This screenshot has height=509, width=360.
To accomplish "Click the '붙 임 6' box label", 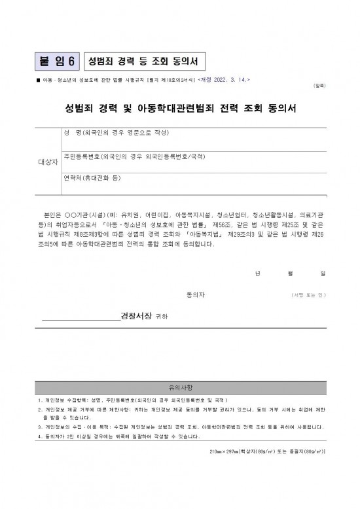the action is tap(58, 61).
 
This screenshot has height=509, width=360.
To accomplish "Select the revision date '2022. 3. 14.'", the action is tap(230, 79).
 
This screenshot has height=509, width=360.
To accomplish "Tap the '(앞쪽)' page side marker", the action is tap(319, 86).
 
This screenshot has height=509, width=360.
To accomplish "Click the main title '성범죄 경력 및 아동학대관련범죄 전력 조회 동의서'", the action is tap(180, 107).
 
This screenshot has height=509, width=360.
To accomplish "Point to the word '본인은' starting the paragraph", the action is tap(51, 215).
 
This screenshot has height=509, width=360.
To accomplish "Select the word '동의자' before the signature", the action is tap(196, 295).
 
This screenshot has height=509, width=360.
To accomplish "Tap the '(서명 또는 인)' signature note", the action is tap(308, 296).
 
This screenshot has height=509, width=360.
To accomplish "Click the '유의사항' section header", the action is tap(181, 387).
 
